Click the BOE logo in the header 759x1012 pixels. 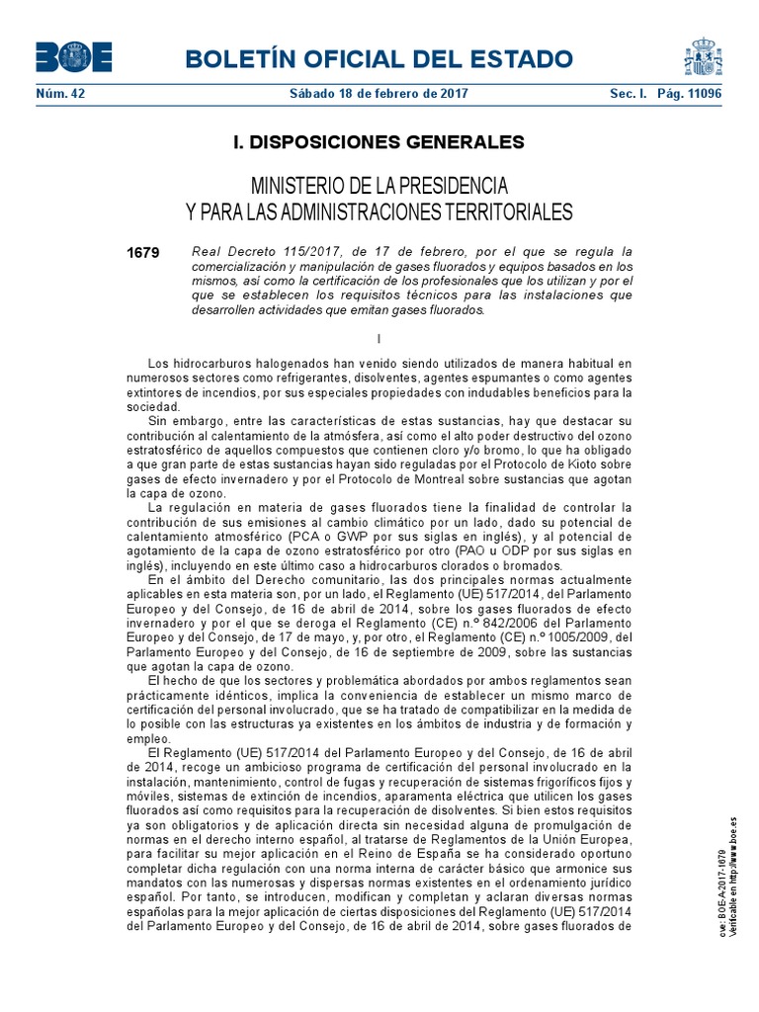tap(74, 58)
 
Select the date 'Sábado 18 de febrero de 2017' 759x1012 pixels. tap(378, 94)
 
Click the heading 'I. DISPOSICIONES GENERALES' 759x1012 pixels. tap(379, 142)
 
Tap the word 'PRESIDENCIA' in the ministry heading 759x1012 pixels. tap(448, 186)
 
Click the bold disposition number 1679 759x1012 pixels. tap(143, 253)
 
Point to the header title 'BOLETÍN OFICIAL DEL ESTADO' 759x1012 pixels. tap(379, 58)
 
